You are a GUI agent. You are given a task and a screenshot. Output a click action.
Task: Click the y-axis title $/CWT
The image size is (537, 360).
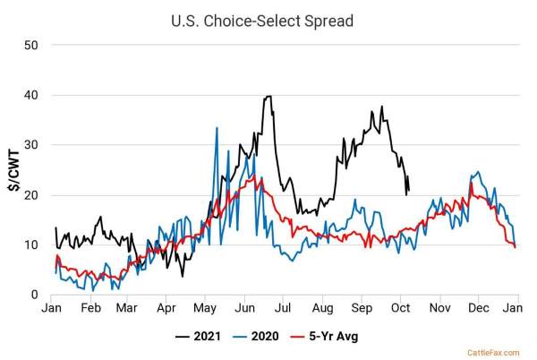(16, 169)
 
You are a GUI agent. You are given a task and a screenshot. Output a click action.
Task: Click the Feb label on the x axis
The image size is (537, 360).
(90, 309)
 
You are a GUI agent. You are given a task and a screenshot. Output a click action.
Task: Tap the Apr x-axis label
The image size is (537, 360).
(166, 309)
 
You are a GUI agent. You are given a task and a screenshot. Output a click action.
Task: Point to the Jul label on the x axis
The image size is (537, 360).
(284, 309)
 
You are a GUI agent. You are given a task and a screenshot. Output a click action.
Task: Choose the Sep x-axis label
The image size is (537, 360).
(361, 309)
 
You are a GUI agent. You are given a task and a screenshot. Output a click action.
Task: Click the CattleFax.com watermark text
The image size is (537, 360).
(492, 352)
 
